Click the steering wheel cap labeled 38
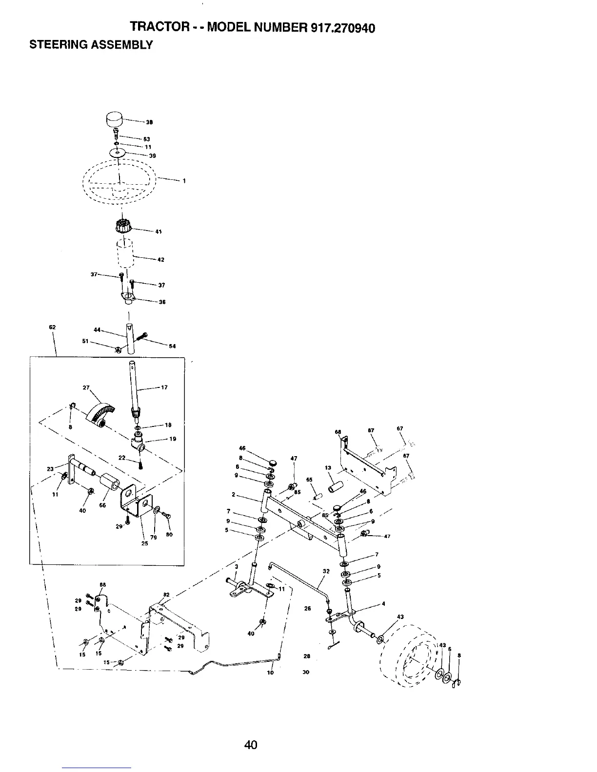(115, 119)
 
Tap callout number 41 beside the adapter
(158, 232)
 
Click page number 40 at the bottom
(251, 745)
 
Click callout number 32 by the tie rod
(326, 571)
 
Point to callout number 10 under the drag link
(271, 673)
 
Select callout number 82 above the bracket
(166, 595)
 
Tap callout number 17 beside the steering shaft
(164, 387)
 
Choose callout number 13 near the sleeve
(328, 468)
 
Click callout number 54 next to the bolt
(172, 347)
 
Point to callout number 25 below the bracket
(144, 543)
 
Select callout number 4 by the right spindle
(384, 604)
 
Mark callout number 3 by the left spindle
(236, 566)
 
